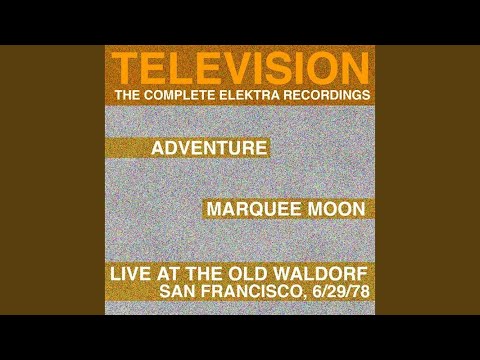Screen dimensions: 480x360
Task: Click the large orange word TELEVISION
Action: point(240,68)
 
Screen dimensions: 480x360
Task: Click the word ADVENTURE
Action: point(209,148)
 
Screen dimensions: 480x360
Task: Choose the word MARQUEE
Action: point(255,209)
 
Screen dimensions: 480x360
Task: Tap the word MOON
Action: point(336,209)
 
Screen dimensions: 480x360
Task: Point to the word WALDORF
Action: point(320,274)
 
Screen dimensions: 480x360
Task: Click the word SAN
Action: point(175,292)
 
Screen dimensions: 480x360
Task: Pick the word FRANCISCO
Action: point(252,292)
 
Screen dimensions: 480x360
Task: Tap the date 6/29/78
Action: point(341,292)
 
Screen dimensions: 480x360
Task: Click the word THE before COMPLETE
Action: point(128,95)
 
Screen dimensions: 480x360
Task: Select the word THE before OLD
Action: point(205,274)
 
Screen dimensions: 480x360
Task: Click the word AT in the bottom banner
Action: point(168,274)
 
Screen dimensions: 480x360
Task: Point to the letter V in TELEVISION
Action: point(234,68)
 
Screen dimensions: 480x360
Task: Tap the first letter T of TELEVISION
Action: point(125,68)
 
